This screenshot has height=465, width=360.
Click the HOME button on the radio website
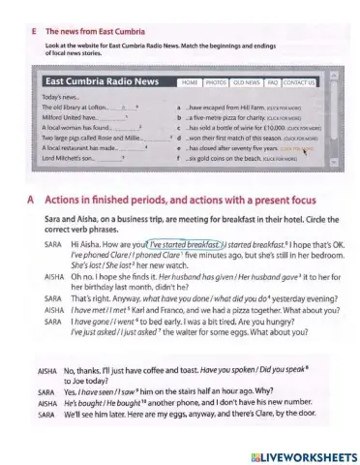click(191, 83)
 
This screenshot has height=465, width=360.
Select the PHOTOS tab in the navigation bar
click(215, 83)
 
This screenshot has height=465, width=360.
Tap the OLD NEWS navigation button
click(246, 83)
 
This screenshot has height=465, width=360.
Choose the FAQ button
click(273, 83)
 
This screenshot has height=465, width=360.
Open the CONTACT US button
click(299, 83)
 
